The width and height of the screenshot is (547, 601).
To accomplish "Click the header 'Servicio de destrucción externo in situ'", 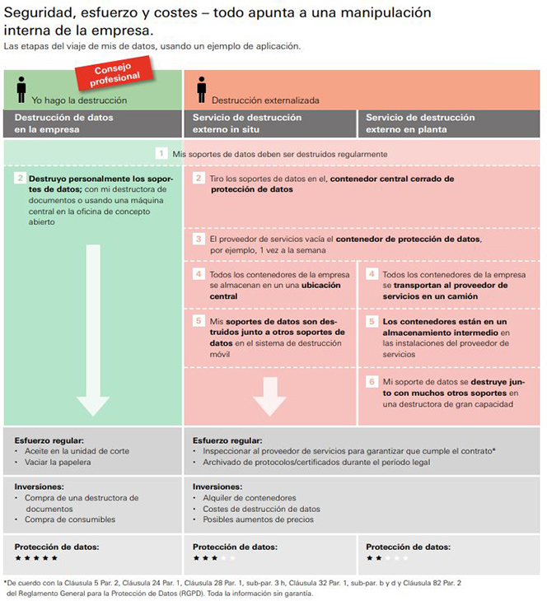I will (246, 123).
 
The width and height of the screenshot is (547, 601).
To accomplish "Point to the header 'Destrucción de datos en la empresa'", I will (64, 123).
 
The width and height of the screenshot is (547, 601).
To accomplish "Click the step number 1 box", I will (162, 154).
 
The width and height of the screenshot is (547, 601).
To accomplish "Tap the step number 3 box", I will (199, 239).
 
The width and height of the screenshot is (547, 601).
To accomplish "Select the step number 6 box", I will (372, 382).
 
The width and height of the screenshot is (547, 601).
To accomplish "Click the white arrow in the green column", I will (92, 329).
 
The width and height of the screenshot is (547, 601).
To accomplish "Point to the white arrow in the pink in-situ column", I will (269, 395).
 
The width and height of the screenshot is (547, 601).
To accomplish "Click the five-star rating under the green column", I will (36, 558).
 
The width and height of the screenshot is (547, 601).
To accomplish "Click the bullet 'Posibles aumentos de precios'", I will (258, 519).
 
